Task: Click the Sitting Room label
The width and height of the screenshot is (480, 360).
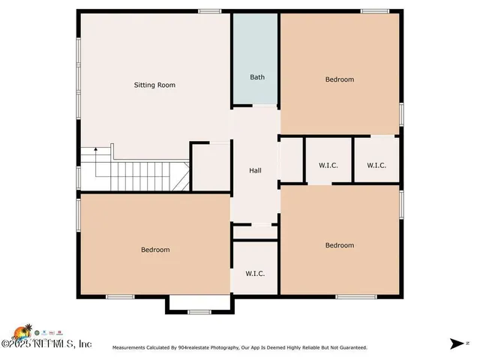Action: [x=154, y=85]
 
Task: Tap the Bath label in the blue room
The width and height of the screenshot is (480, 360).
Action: [x=257, y=77]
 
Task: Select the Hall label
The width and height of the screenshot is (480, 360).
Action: [x=255, y=171]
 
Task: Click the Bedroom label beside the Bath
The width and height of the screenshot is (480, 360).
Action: [x=339, y=79]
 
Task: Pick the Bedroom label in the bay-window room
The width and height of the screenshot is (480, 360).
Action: [x=155, y=250]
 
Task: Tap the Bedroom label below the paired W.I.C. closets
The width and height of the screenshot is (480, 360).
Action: [x=339, y=245]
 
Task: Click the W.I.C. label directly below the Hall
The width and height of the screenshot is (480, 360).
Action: [x=255, y=274]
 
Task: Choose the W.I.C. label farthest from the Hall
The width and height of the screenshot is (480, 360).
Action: [x=376, y=165]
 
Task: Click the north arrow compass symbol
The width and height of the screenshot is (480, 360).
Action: [x=457, y=343]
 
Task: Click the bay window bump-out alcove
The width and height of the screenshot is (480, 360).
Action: [x=198, y=303]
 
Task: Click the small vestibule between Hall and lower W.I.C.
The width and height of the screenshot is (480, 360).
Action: [x=255, y=232]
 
